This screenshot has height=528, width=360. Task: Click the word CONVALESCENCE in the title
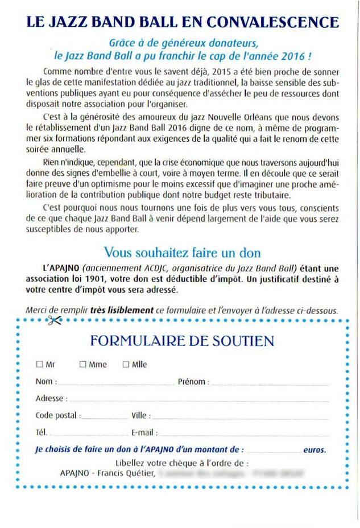click(272, 22)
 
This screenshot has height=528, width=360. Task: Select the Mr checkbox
click(39, 364)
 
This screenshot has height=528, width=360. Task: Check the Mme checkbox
click(82, 364)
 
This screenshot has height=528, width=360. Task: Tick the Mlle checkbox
click(126, 364)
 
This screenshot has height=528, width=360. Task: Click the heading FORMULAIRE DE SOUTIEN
click(182, 341)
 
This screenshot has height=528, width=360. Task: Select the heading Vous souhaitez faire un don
click(182, 252)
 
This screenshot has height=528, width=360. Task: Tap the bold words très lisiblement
click(130, 310)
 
